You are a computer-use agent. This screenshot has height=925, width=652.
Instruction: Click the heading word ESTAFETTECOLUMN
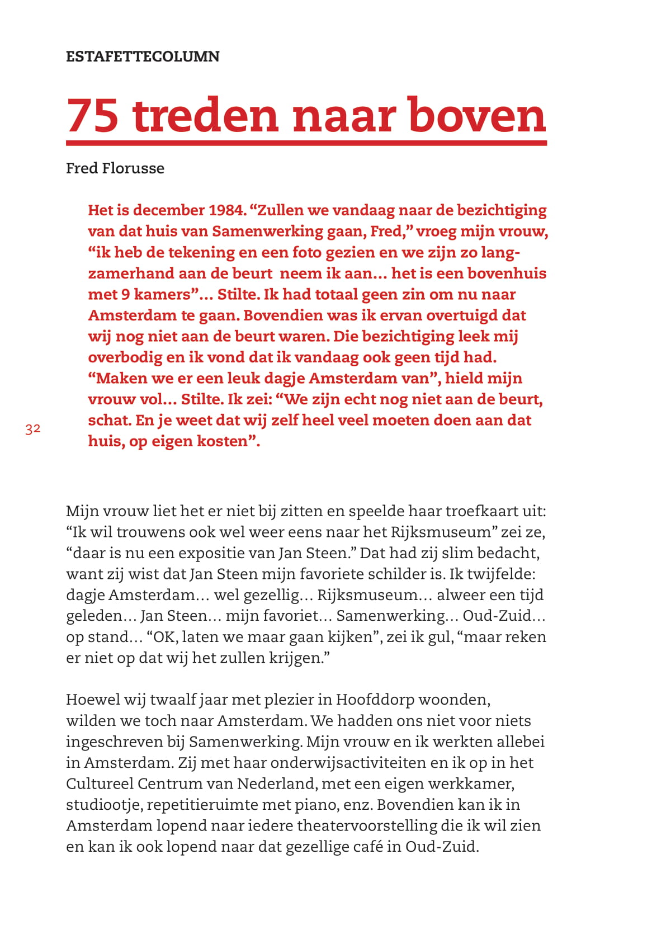click(x=143, y=56)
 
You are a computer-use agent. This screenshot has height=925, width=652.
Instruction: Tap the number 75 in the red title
click(x=93, y=116)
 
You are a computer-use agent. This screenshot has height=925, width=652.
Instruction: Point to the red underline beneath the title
click(x=306, y=143)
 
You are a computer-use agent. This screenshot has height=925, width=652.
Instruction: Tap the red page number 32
click(x=33, y=429)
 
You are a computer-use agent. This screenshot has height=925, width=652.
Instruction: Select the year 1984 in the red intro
click(x=227, y=210)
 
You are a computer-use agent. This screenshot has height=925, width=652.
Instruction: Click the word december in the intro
click(x=168, y=210)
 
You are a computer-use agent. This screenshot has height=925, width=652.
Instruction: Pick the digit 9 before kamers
click(x=126, y=295)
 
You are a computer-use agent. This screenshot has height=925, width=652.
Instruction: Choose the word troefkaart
click(x=478, y=511)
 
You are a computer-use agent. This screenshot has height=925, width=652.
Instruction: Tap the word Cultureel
click(x=100, y=784)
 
